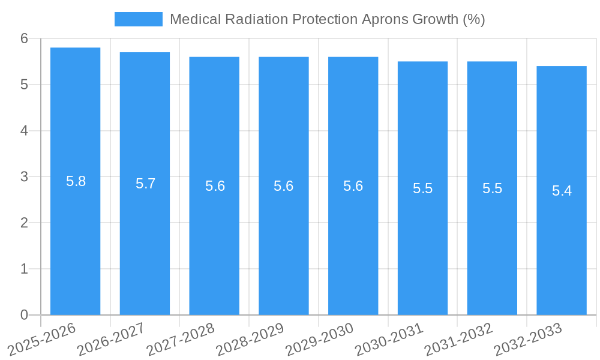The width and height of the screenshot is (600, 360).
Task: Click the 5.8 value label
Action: pyautogui.click(x=76, y=181)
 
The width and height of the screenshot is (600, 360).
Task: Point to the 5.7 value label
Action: pyautogui.click(x=145, y=184)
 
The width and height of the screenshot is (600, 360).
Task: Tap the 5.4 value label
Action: pyautogui.click(x=562, y=191)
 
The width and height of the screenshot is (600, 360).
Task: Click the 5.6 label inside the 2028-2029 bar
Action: pyautogui.click(x=283, y=186)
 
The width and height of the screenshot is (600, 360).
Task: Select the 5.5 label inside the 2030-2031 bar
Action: pyautogui.click(x=422, y=188)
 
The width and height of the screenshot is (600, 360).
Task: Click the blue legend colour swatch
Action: pyautogui.click(x=139, y=19)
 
